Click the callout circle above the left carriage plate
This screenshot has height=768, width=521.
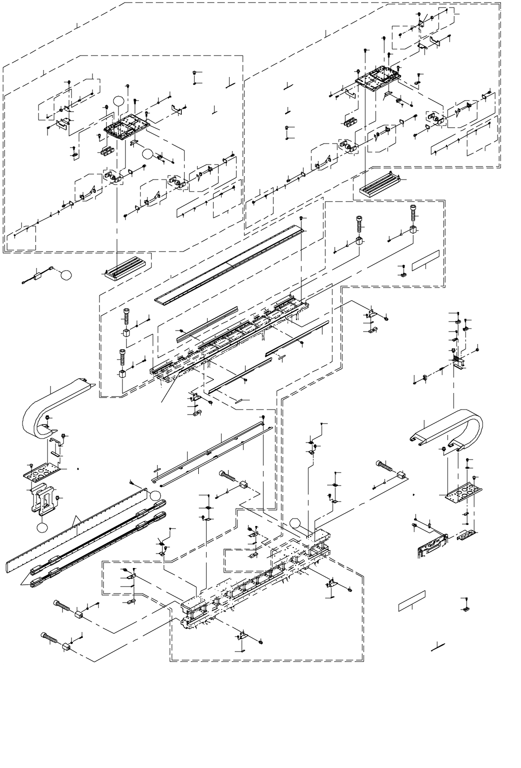(118, 101)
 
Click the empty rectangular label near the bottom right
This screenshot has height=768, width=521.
(412, 600)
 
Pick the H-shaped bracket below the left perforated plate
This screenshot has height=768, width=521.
(44, 500)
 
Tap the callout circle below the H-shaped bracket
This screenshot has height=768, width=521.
(43, 526)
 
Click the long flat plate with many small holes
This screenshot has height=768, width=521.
(75, 535)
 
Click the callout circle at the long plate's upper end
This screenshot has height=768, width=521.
(156, 495)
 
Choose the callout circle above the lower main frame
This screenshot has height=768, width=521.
(296, 524)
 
